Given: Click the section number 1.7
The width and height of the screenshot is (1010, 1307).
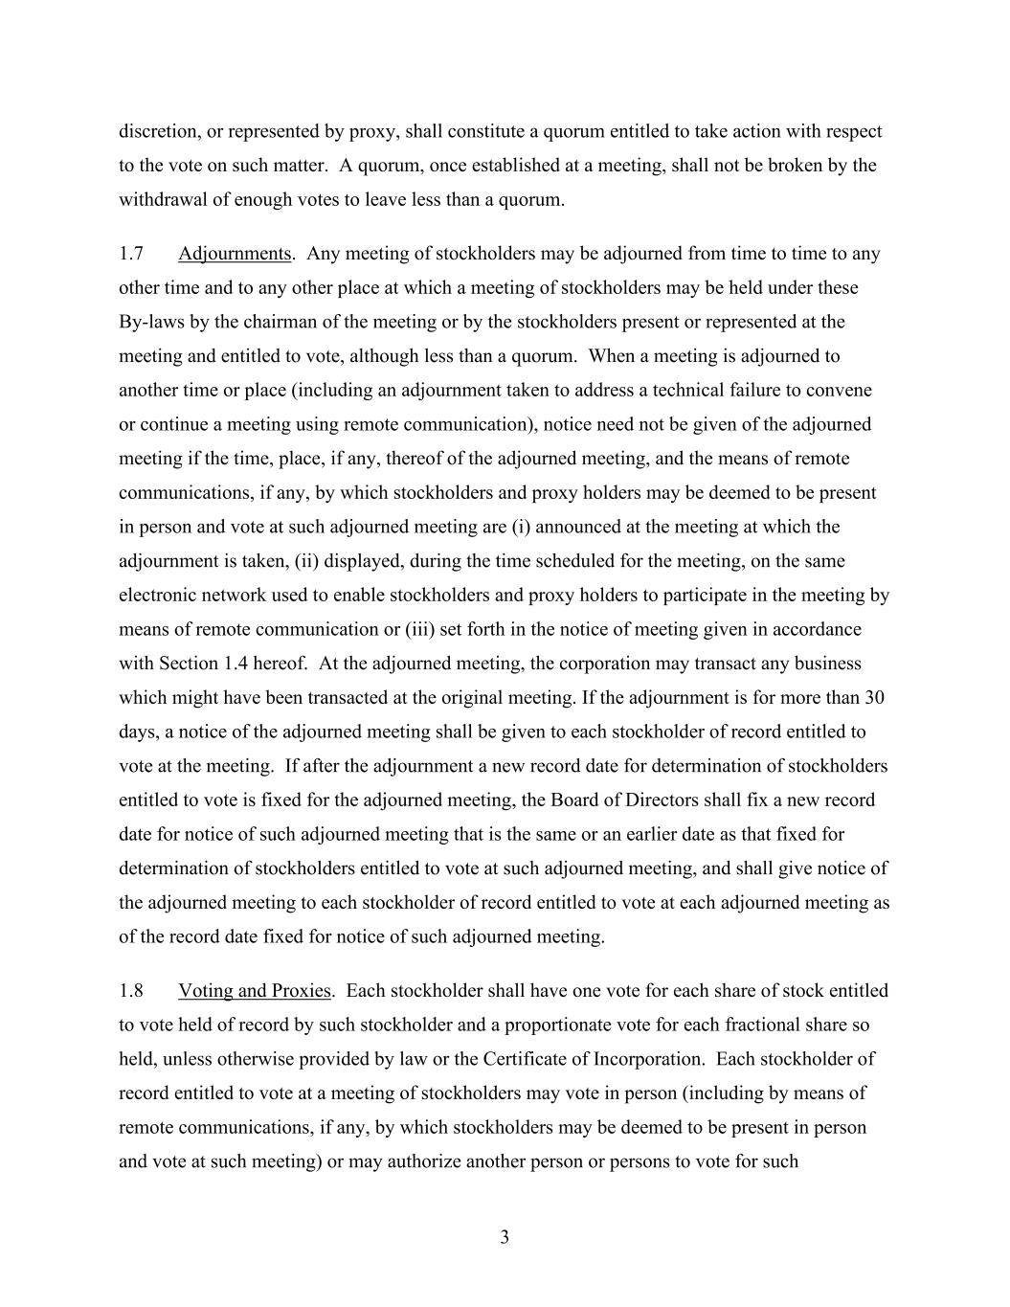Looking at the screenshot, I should (x=131, y=254).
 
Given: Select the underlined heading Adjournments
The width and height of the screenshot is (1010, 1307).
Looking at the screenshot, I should (x=234, y=254).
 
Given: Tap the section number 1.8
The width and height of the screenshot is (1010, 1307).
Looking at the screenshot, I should (x=131, y=991).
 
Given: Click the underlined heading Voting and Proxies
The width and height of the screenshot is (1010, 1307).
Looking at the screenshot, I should (x=254, y=991).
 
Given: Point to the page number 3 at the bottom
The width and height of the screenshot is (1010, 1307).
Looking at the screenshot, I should (x=505, y=1238).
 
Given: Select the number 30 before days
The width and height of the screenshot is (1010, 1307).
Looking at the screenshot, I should (x=875, y=697).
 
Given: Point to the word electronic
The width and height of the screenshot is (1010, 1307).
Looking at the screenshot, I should (x=156, y=596).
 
